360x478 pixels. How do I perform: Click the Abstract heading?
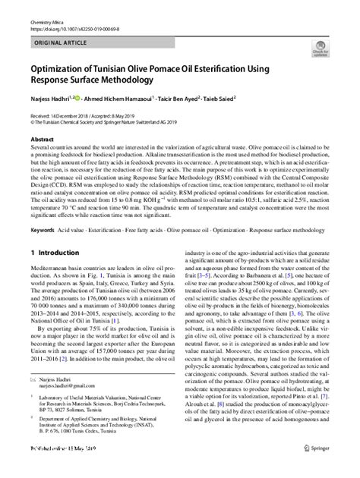tap(42, 140)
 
